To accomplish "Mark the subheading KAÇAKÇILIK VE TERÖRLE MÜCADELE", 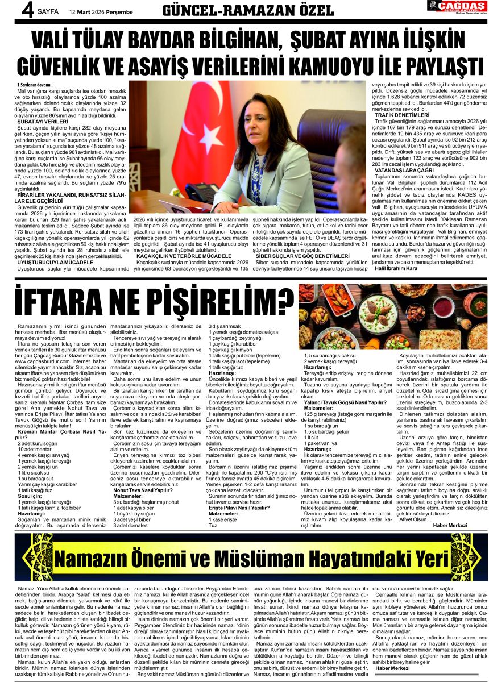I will click(x=181, y=256).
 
